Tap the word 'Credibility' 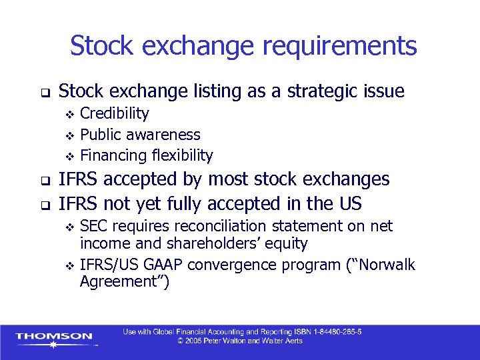(114, 113)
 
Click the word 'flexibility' (182, 156)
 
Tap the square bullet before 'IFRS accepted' (45, 180)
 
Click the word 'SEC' (94, 226)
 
